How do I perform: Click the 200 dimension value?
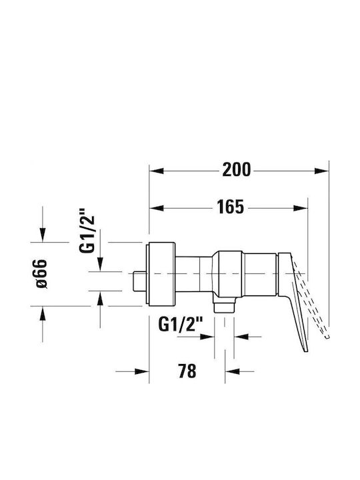coord(236,169)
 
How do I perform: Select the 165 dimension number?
coord(230,207)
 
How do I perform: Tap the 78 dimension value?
coord(187,371)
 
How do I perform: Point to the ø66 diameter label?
coord(41,274)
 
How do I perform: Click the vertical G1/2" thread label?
coord(87,230)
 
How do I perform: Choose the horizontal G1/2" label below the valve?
coord(181,325)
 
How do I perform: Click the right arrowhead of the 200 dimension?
coord(321,171)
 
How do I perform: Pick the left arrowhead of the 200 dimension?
coord(156,171)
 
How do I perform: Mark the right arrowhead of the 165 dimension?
coord(301,208)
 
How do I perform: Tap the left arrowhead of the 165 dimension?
coord(156,208)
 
